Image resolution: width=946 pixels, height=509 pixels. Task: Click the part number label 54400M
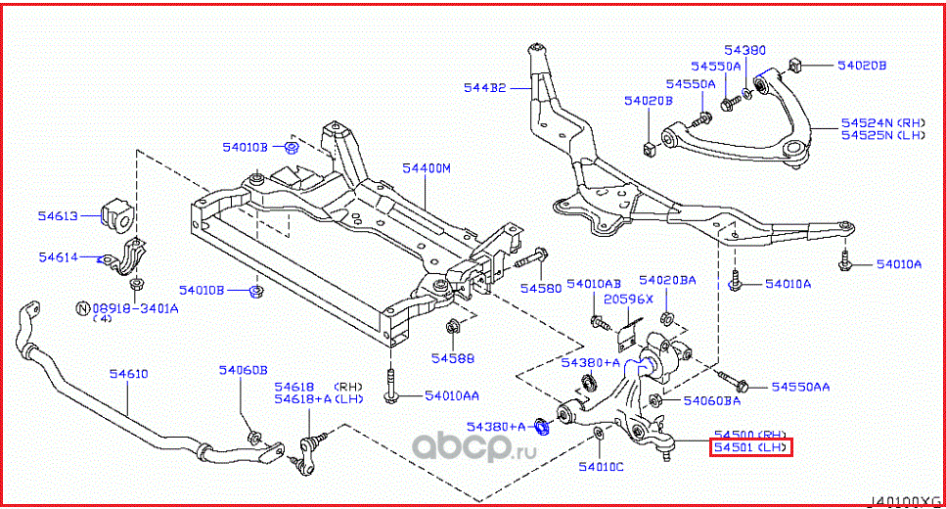[x=426, y=168]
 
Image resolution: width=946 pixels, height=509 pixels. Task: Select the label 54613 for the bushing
[x=58, y=215]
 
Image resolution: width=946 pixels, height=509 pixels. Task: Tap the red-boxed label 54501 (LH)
[x=750, y=448]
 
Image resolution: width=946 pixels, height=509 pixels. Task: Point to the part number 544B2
[x=485, y=88]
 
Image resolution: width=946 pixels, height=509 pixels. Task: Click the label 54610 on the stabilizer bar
[x=128, y=374]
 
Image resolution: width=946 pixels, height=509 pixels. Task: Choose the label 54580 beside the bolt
[x=541, y=289]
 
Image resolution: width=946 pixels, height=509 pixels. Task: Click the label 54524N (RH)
[x=882, y=123]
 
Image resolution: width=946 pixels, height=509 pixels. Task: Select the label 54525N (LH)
[x=882, y=135]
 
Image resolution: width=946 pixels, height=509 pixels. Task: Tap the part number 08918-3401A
[x=136, y=307]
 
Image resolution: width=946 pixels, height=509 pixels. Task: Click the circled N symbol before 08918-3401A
[x=84, y=307]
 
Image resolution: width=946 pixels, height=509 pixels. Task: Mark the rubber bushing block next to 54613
[x=114, y=217]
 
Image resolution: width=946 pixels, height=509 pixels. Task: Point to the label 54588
[x=453, y=358]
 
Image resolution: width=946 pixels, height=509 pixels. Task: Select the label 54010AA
[x=452, y=396]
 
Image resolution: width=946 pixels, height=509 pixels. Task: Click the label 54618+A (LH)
[x=319, y=399]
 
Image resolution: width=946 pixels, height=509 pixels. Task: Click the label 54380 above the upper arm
[x=745, y=49]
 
